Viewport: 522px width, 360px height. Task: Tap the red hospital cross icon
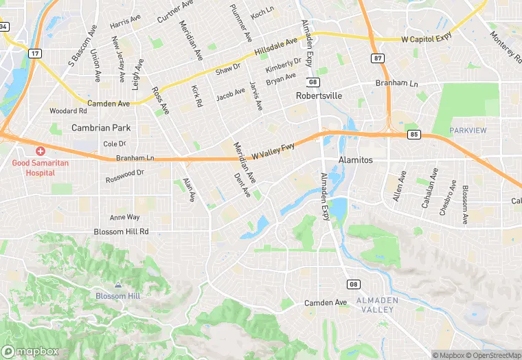41,150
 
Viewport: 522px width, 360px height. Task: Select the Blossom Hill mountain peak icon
118,284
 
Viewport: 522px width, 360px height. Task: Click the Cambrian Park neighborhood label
101,128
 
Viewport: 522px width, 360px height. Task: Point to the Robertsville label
319,95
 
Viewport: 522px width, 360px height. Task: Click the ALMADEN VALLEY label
374,306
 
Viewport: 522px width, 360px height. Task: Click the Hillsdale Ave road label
276,47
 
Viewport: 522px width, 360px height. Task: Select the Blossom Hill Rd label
121,232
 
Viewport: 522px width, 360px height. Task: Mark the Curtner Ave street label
175,11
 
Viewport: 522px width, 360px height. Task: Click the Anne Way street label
124,217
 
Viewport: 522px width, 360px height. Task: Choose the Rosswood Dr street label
124,176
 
